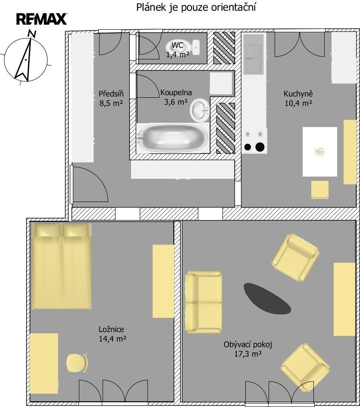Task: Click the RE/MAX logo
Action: coord(42,19)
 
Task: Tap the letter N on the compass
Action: coord(32,33)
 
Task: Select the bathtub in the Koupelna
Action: coord(172,138)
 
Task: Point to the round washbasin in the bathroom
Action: coord(200,110)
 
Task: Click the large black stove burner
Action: coord(260,147)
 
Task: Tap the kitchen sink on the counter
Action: coord(254,59)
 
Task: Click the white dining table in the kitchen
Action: coord(320,152)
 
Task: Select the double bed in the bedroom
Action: coord(61,266)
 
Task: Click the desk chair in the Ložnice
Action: coord(77,363)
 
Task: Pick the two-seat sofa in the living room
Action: coord(203,302)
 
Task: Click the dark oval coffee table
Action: coord(267,298)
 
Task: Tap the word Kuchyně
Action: coord(298,93)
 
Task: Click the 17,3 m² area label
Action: coord(248,354)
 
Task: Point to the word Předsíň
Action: coord(111,93)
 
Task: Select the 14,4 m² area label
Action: coord(113,339)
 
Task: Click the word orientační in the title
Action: coord(233,7)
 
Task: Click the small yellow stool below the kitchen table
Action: coord(320,190)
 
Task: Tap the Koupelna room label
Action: coord(176,93)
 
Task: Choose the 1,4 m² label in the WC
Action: coord(178,54)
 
